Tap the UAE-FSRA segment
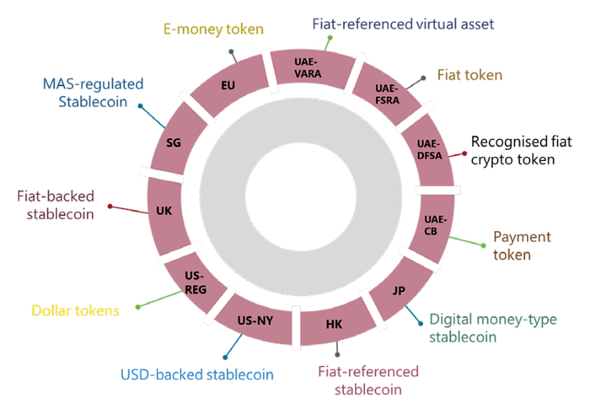[384, 94]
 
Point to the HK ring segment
[334, 326]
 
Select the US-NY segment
[255, 320]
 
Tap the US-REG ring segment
[196, 283]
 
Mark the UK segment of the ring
[164, 210]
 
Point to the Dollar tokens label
[75, 310]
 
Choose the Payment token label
[523, 245]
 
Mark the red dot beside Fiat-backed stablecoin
[110, 206]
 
